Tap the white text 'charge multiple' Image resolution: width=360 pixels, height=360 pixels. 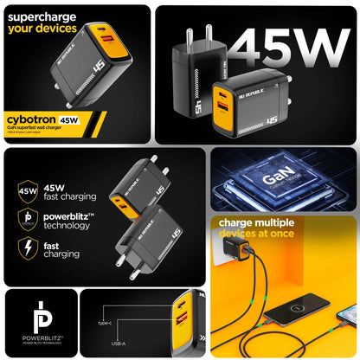[x=261, y=222]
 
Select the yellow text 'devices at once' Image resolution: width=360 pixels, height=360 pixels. [x=257, y=234]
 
